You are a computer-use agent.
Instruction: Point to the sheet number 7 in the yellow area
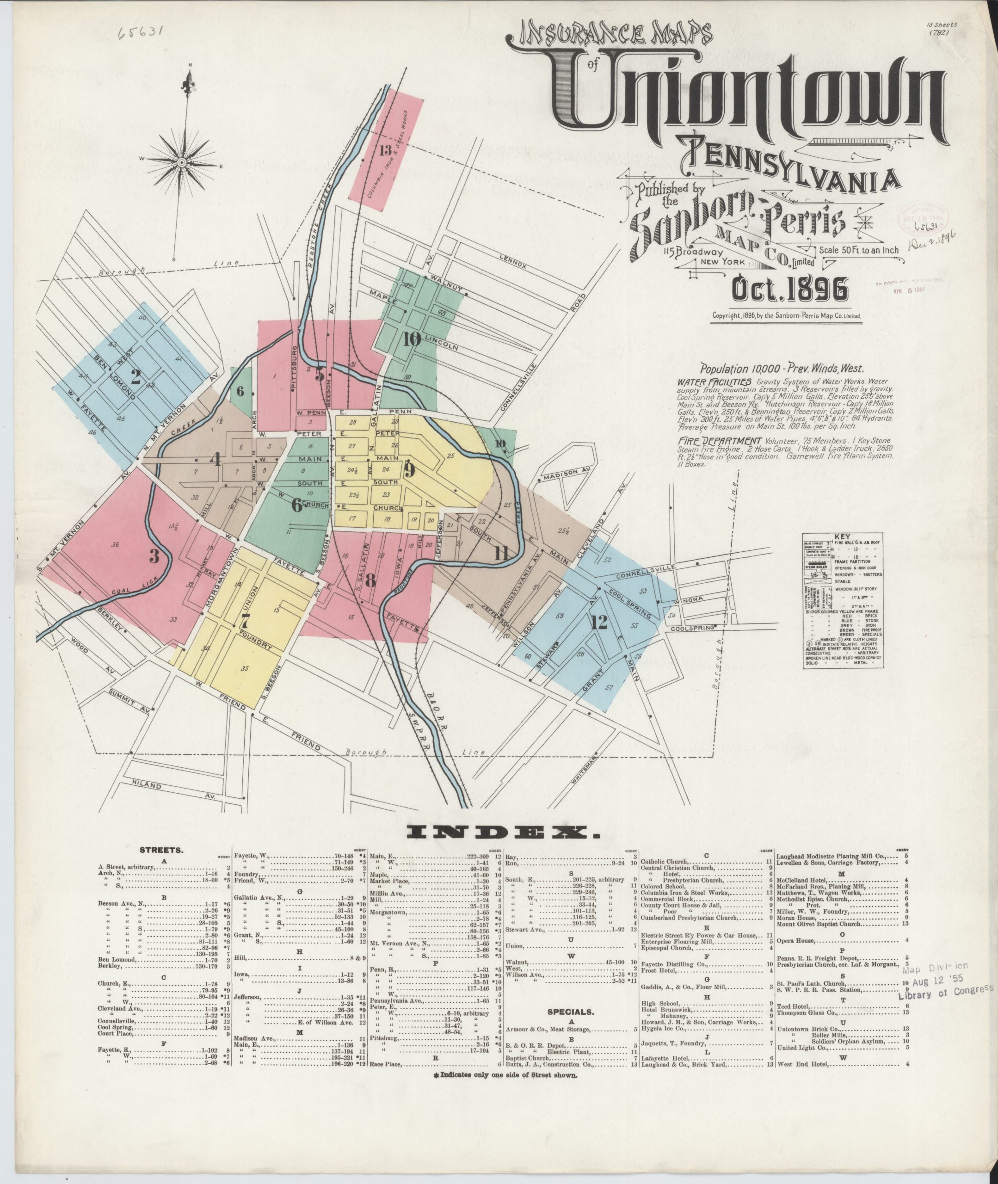click(244, 621)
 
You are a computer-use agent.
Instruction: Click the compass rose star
click(182, 162)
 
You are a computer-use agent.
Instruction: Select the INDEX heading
click(503, 832)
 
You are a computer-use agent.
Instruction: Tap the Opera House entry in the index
click(795, 940)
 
